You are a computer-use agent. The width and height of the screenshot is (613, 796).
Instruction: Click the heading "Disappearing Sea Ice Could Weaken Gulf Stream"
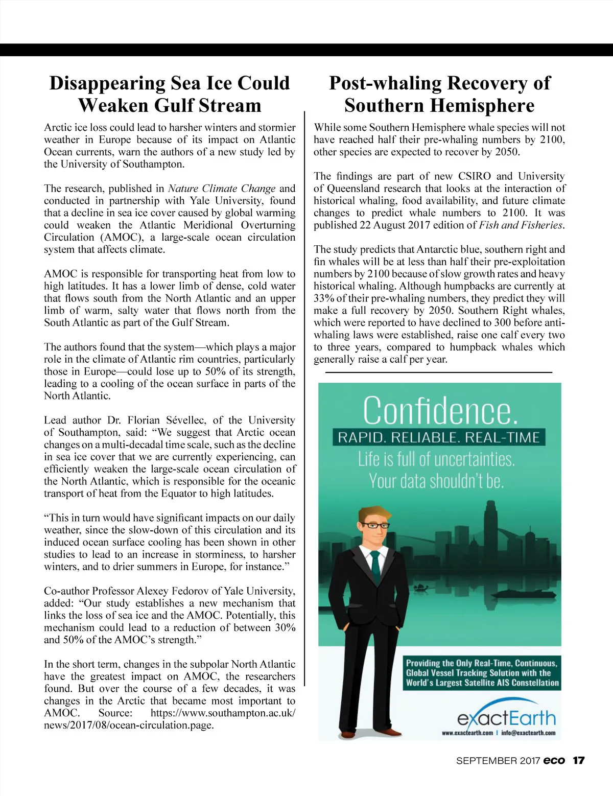(x=169, y=94)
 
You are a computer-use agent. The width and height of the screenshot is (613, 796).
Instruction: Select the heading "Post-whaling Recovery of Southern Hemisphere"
(x=439, y=94)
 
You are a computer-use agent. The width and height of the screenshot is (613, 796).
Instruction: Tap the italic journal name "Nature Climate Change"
(x=222, y=189)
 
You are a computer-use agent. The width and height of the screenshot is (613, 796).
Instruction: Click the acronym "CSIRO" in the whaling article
(x=475, y=176)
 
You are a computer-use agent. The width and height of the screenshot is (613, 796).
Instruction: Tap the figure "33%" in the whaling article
(x=324, y=298)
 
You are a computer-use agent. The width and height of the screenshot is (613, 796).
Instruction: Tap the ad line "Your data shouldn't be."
(x=436, y=481)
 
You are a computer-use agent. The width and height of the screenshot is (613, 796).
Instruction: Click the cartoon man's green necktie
(x=375, y=567)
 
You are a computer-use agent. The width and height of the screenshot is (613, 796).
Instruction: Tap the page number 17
(x=578, y=761)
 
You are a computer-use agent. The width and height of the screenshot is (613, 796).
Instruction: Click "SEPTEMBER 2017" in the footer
(x=498, y=761)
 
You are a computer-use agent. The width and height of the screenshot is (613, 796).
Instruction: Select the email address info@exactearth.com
(x=528, y=733)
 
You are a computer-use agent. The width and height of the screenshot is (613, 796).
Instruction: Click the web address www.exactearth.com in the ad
(x=467, y=733)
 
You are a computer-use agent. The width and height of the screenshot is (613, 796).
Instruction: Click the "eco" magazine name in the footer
(x=554, y=761)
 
